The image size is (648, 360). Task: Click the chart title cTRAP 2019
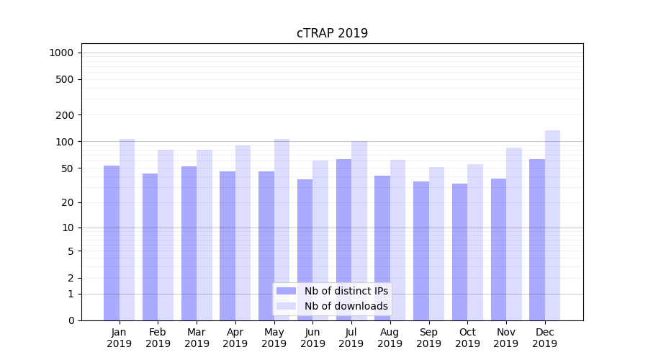[x=332, y=33]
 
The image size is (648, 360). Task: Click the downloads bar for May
[x=282, y=230]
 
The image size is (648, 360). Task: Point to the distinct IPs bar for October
[x=460, y=252]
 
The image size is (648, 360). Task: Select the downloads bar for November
[x=514, y=234]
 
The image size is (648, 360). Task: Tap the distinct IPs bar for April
[x=228, y=246]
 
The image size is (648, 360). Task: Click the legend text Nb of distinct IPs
[x=346, y=291]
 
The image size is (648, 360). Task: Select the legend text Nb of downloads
[x=346, y=306]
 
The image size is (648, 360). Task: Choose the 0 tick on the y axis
[x=71, y=320]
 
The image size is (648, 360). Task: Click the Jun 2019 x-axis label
[x=312, y=338]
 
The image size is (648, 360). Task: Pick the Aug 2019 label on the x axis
[x=390, y=338]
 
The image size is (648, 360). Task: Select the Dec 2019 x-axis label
[x=545, y=338]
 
